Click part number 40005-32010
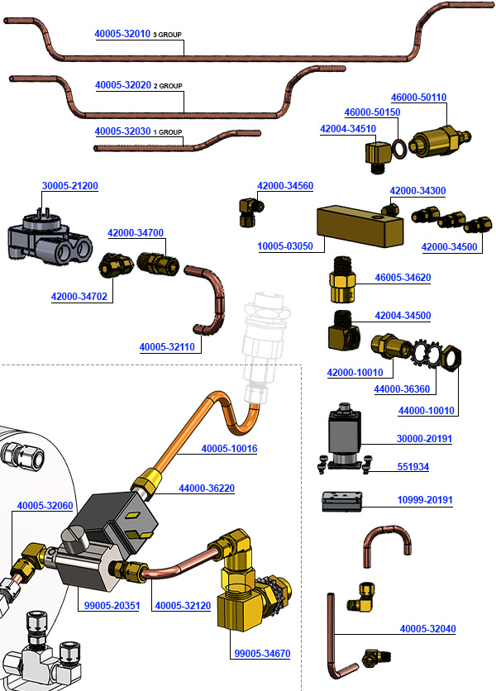122,35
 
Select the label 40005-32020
122,85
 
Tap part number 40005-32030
122,131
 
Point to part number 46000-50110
418,98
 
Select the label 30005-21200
69,185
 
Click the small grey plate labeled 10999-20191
342,502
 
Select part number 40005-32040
428,629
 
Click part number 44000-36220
207,488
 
